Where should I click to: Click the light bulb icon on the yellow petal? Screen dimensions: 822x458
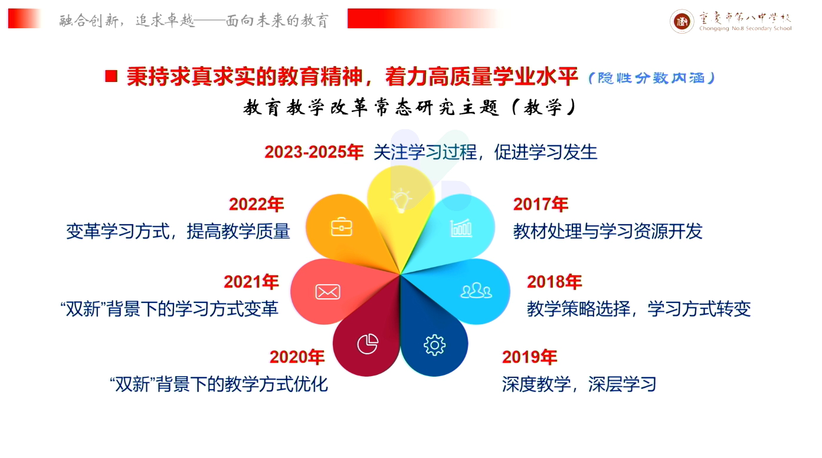[400, 200]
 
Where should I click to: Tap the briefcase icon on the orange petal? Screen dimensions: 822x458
[341, 227]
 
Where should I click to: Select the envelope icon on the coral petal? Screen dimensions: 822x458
[328, 292]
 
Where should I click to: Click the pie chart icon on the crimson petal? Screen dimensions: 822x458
[367, 344]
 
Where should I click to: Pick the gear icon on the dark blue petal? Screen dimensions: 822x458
[434, 345]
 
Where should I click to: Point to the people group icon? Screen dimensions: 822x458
[476, 290]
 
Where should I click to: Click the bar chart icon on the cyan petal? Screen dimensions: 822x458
[461, 228]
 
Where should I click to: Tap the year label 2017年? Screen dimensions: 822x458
[541, 205]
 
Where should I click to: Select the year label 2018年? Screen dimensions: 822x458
[555, 282]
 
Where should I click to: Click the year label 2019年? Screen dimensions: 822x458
[529, 357]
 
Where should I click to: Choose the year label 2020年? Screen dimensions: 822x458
[297, 357]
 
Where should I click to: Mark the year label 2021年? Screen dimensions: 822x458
[251, 282]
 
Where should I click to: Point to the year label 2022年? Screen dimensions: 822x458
[257, 205]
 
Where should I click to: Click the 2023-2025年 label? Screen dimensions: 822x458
[314, 152]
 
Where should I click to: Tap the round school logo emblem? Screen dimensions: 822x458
[682, 21]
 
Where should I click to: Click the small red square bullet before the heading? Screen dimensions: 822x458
[111, 76]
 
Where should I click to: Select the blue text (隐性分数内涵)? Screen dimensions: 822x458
[651, 78]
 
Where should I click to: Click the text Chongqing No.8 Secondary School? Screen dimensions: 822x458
[745, 28]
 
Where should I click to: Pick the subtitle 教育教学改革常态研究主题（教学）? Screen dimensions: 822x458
[410, 108]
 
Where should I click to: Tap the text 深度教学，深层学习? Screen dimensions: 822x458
[579, 384]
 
